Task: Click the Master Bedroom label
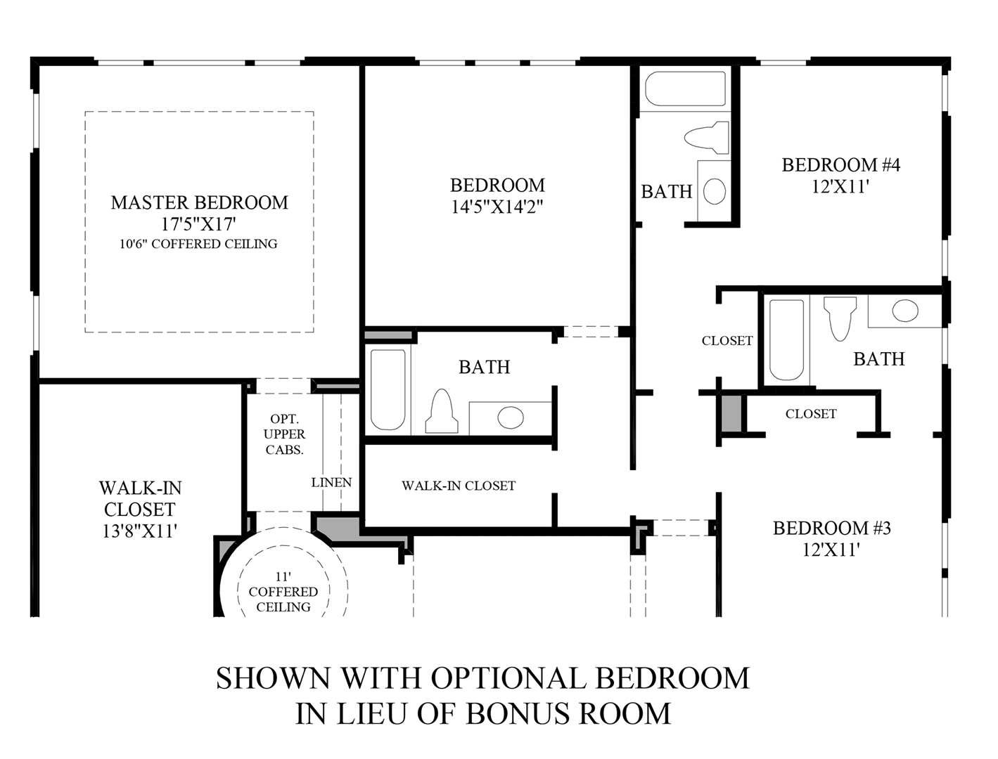click(199, 202)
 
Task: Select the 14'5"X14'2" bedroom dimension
click(497, 207)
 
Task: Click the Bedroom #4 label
click(841, 165)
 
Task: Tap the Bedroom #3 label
click(832, 528)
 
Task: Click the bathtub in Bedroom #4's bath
click(684, 89)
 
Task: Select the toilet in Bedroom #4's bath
click(707, 138)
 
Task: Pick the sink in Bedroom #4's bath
click(715, 191)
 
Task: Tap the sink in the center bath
click(511, 418)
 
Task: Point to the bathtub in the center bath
click(388, 389)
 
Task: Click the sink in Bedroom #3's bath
click(905, 311)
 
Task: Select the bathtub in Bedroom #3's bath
click(786, 339)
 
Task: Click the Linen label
click(331, 483)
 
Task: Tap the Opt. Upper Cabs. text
click(284, 434)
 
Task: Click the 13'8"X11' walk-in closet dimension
click(139, 531)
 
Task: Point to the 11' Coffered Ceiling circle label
click(283, 592)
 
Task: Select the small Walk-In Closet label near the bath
click(459, 486)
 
